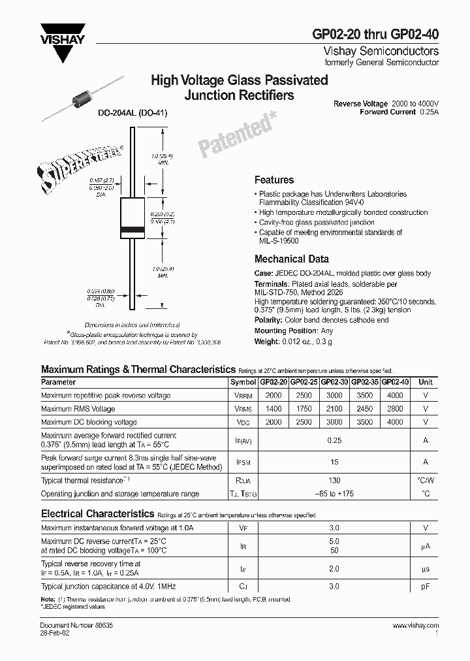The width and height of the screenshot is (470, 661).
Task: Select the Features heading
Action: [274, 180]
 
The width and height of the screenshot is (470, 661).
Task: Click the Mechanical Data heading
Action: [291, 259]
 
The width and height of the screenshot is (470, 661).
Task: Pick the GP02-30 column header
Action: [335, 382]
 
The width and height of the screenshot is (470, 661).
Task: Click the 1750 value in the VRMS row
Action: [304, 409]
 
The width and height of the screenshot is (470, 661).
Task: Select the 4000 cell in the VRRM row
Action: [394, 396]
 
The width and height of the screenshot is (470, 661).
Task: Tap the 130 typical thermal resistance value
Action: [334, 481]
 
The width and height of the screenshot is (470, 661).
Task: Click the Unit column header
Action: [426, 382]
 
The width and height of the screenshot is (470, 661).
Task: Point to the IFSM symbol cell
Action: [243, 462]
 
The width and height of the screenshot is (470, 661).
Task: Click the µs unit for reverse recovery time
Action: [426, 568]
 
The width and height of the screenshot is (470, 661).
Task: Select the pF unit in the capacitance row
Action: [426, 587]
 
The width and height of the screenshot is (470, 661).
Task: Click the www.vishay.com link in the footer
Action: [416, 626]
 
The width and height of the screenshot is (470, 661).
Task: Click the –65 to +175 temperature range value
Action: [334, 494]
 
